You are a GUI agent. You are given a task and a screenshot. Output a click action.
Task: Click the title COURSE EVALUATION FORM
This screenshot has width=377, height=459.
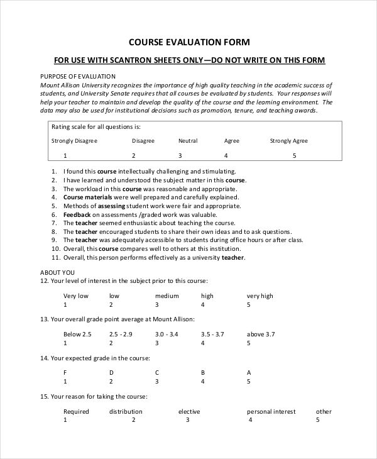[x=189, y=43]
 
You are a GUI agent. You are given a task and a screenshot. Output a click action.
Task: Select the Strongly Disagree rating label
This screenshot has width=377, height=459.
[x=74, y=141]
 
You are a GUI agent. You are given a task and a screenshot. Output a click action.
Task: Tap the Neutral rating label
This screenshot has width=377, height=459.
[x=188, y=141]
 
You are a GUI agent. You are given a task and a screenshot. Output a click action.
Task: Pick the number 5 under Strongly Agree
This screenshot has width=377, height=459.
[x=294, y=155]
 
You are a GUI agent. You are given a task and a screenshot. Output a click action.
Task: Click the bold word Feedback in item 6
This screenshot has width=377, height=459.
[x=77, y=214]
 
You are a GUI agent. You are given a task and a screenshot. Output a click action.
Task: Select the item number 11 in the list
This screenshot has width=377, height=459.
[x=55, y=257]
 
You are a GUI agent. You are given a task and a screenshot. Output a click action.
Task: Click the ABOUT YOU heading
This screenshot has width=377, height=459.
[x=58, y=272]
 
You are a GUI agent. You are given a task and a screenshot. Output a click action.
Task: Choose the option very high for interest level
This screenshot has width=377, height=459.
[x=260, y=296]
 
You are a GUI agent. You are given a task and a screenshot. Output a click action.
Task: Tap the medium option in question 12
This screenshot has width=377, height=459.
[x=167, y=296]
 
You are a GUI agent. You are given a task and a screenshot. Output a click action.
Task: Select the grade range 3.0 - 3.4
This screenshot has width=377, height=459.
[x=167, y=335]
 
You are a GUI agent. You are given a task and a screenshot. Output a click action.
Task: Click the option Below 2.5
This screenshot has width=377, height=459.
[x=77, y=335]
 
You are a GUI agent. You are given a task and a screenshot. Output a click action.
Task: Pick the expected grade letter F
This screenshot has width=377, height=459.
[x=65, y=372]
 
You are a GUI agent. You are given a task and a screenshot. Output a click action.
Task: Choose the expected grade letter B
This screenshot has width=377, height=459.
[x=203, y=372]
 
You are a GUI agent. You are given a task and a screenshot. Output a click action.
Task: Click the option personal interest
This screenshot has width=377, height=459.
[x=271, y=412]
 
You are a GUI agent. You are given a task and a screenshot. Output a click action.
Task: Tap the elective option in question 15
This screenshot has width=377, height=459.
[x=189, y=412]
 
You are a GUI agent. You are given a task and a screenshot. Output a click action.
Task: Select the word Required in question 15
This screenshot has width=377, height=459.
[x=76, y=412]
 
